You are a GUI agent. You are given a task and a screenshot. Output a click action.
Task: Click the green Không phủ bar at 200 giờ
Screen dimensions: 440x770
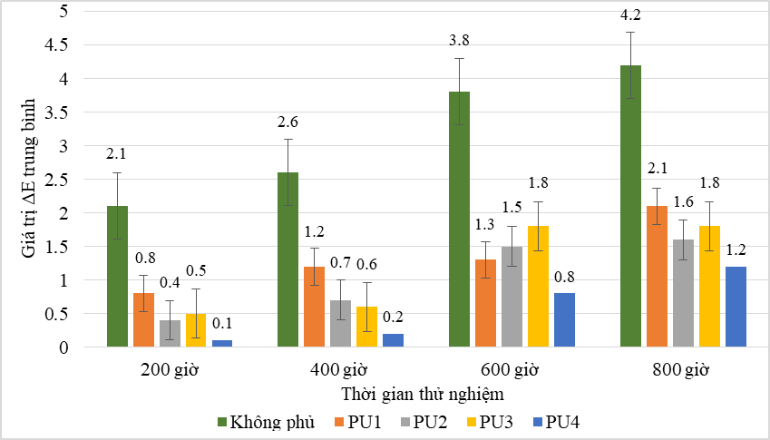(x=117, y=276)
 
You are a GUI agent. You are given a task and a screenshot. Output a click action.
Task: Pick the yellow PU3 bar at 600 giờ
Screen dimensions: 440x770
(x=538, y=286)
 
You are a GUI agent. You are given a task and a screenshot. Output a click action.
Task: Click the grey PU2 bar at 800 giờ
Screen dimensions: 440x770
(x=683, y=292)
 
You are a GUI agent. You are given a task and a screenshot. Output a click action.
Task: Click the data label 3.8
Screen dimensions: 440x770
(x=460, y=40)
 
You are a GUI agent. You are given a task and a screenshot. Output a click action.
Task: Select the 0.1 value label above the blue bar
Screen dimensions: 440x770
(x=222, y=322)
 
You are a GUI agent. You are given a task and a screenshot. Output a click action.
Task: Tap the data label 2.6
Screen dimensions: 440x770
(x=289, y=121)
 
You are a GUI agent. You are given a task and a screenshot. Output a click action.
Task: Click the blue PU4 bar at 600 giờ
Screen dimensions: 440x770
(x=563, y=320)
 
